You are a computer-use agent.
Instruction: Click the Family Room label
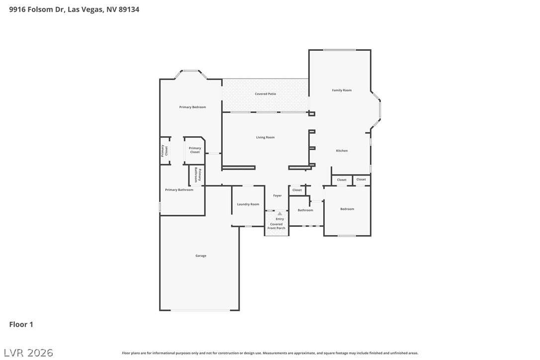point(342,90)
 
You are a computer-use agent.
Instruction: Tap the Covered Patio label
point(265,94)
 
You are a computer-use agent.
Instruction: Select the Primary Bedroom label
point(192,107)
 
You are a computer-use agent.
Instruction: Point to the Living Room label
point(265,137)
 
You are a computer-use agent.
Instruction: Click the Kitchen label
point(342,151)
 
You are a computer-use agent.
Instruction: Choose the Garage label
point(200,256)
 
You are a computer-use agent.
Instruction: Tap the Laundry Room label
point(248,204)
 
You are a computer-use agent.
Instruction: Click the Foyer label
point(277,195)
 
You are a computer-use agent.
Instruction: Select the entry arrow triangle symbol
point(279,214)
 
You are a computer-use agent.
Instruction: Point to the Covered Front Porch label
point(276,226)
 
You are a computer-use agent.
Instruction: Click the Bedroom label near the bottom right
point(347,209)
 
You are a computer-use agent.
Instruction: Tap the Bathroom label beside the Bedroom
point(305,210)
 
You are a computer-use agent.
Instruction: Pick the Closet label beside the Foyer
point(297,190)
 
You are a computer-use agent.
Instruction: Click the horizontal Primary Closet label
point(195,150)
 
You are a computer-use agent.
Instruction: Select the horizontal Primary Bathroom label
point(179,190)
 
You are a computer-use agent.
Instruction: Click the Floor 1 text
point(21,325)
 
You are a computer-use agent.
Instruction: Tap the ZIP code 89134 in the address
point(128,9)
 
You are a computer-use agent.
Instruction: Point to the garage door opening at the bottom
point(200,310)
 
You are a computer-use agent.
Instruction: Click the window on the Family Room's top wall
point(340,50)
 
